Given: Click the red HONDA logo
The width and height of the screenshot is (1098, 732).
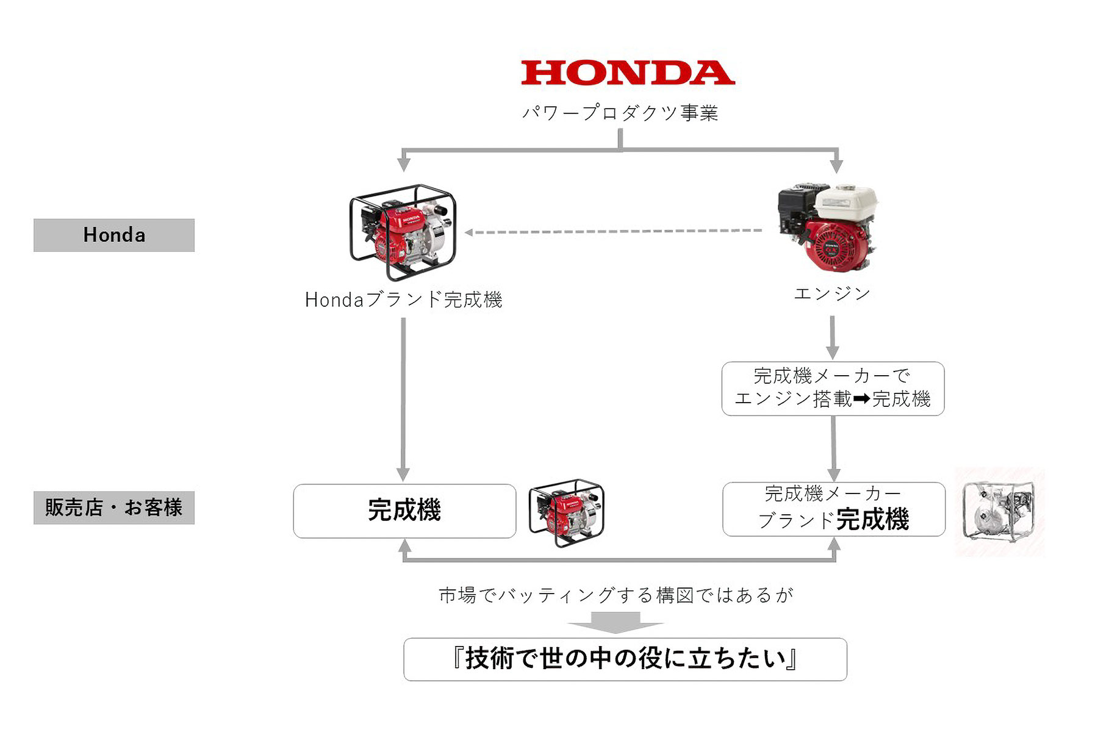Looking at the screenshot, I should point(628,73).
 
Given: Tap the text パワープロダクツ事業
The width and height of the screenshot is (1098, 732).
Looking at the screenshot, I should point(620,113).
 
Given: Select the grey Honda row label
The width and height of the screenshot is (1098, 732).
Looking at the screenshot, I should point(114,235).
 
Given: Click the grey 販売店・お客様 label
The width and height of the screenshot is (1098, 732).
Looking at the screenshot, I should point(114,508).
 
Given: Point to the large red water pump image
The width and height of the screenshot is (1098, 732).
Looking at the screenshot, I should point(403,232).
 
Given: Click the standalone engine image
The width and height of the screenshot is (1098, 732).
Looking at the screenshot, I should point(828,229).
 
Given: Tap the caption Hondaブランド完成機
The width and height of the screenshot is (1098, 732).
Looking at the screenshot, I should point(403,300).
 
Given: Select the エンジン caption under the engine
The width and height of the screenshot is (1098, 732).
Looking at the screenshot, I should point(832,294).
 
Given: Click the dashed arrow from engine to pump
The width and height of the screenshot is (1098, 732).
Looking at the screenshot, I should point(613,232).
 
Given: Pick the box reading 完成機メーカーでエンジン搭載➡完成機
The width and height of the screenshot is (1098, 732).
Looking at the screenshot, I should point(833,389).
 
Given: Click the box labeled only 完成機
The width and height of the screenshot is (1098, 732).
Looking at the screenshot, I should point(404,511).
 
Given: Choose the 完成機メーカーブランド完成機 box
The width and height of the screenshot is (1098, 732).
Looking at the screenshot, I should point(833,509).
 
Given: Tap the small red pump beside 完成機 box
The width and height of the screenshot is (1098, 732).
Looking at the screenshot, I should point(566,512).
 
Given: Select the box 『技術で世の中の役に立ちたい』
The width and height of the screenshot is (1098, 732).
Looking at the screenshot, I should point(625,659).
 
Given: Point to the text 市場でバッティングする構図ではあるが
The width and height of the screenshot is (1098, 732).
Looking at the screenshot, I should point(616,595).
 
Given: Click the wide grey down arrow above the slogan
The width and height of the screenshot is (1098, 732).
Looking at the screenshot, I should point(615,622).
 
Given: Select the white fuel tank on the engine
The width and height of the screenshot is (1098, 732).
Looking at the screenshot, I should point(847,202).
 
